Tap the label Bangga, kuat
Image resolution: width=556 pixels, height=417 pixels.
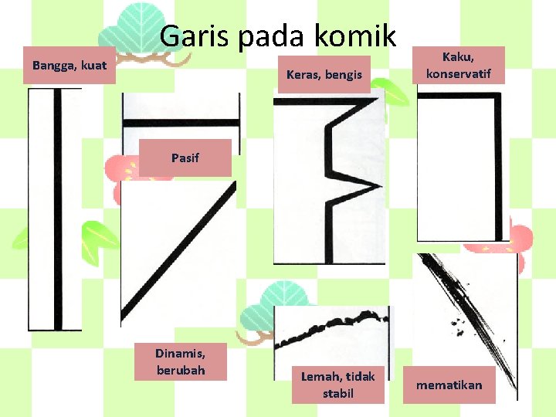pyautogui.click(x=69, y=66)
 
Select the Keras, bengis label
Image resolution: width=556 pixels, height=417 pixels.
pyautogui.click(x=324, y=75)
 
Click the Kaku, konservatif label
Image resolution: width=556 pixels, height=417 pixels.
pyautogui.click(x=459, y=65)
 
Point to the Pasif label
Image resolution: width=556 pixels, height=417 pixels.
pyautogui.click(x=185, y=158)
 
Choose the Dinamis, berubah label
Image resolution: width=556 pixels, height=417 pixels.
pyautogui.click(x=180, y=361)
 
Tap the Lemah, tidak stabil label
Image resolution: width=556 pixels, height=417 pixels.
pyautogui.click(x=337, y=385)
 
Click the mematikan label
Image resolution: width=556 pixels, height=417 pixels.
pyautogui.click(x=449, y=385)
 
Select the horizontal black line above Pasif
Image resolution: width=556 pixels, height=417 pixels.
pyautogui.click(x=181, y=123)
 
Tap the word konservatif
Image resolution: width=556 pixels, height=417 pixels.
pyautogui.click(x=459, y=74)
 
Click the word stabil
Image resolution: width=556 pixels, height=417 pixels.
pyautogui.click(x=337, y=394)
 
